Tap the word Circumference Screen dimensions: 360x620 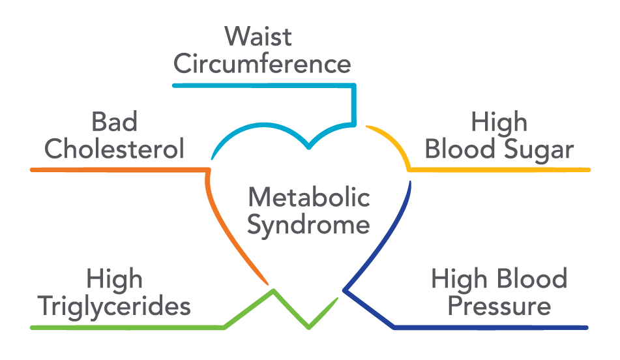262,65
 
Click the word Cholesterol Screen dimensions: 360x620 114,149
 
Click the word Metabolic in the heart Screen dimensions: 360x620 309,197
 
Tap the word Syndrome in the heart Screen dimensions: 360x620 309,226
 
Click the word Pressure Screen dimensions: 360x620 499,307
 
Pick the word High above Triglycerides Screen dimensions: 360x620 114,279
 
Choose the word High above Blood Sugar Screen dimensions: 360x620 499,122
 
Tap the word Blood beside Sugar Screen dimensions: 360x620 459,149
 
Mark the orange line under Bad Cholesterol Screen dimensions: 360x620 117,170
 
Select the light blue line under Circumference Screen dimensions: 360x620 261,85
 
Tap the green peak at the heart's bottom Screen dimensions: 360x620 273,291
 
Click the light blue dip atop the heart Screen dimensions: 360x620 309,146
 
